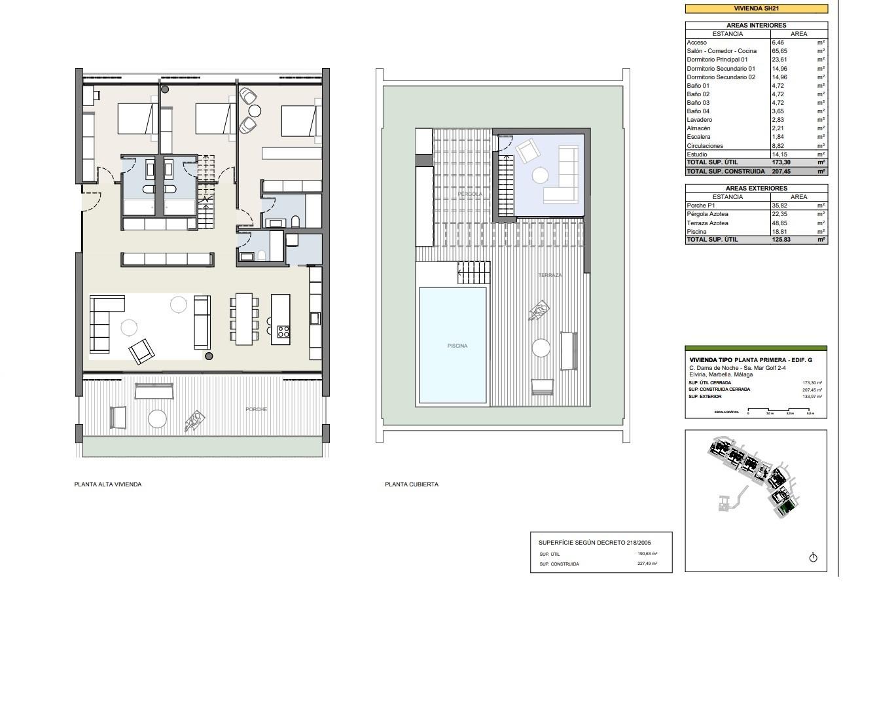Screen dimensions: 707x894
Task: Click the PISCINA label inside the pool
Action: (457, 346)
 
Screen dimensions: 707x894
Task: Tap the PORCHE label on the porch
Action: (256, 409)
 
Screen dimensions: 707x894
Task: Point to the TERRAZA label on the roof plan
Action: (550, 275)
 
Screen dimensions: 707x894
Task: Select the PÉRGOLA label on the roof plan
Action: (470, 194)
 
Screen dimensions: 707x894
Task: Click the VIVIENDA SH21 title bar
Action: (756, 9)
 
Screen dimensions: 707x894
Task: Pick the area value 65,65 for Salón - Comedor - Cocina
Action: (779, 51)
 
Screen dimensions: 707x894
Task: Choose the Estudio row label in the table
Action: (696, 154)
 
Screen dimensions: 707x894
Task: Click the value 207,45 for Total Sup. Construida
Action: (781, 172)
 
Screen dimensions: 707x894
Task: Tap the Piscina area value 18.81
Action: (779, 232)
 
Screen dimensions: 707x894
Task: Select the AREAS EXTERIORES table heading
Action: (756, 189)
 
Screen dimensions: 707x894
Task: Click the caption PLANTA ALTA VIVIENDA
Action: (108, 484)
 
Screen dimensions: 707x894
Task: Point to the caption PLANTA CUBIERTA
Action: (412, 484)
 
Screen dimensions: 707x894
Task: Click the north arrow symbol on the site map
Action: (813, 558)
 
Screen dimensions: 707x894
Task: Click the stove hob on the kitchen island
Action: (283, 332)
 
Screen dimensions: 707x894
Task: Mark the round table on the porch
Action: (157, 418)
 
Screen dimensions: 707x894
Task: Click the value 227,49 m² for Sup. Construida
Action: (647, 564)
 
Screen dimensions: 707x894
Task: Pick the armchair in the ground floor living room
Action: (142, 352)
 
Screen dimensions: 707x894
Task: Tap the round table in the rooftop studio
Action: (540, 175)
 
